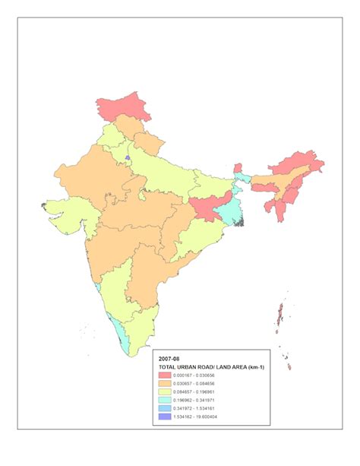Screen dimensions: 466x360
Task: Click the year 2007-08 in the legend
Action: click(169, 357)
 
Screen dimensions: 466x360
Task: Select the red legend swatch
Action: click(163, 376)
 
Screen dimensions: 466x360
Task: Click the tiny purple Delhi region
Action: click(128, 159)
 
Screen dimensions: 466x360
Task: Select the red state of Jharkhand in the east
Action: click(206, 208)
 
